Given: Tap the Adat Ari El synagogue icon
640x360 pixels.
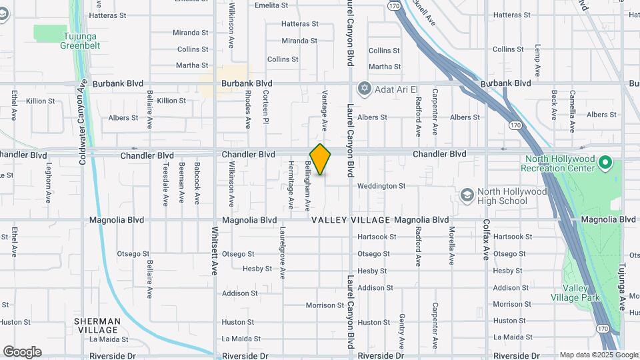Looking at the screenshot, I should [364, 88].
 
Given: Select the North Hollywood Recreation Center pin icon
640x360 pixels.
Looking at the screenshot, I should [605, 162].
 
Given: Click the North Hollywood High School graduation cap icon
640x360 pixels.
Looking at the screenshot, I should [467, 195].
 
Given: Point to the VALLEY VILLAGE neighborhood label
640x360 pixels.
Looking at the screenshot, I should [350, 220].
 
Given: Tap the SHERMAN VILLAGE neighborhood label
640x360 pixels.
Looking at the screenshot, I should [97, 326].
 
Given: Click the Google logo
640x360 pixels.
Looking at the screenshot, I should [22, 352].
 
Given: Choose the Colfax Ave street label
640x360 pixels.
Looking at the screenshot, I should [487, 239].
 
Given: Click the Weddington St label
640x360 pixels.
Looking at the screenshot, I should [381, 186].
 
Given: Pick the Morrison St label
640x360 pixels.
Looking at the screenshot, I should [325, 305].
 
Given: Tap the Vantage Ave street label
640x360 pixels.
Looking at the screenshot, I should [325, 110].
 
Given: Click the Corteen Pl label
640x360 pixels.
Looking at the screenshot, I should [265, 107].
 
